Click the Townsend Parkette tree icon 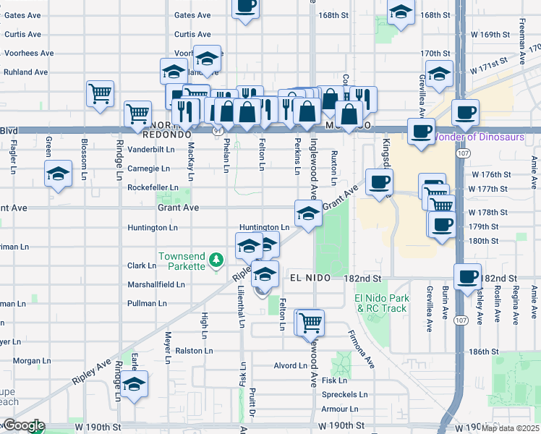tap(216, 260)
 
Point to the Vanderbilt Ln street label tap(151, 149)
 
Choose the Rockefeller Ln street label tap(153, 187)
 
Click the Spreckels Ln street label tap(344, 396)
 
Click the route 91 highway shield tap(217, 131)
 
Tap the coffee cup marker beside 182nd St tap(467, 275)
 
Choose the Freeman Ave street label tap(521, 44)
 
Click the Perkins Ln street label tap(298, 156)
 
